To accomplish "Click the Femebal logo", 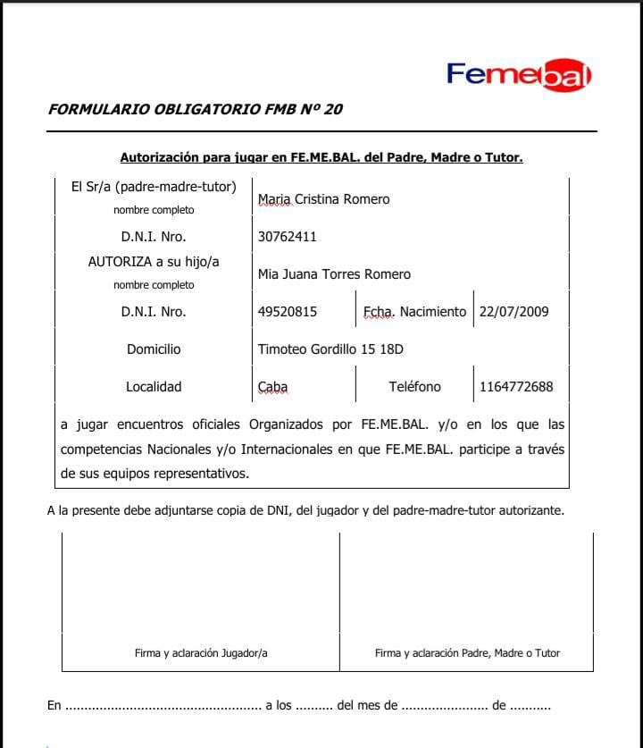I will pos(519,74).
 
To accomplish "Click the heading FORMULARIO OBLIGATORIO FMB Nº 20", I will pos(195,110).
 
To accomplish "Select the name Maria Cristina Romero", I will pos(323,199).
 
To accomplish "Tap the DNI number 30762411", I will pos(287,237).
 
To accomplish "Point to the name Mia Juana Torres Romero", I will pos(334,274).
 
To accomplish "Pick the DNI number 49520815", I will pos(287,312).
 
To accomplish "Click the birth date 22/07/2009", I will pos(514,312).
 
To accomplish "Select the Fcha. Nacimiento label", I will pos(414,312).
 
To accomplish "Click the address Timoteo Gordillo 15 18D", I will pos(330,349).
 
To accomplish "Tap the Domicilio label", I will pos(154,349).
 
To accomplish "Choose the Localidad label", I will pos(154,387).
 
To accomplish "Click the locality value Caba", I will pos(272,387).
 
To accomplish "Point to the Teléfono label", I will pos(414,387).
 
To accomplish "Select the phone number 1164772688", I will pos(516,387).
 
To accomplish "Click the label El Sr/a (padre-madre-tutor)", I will pos(154,188).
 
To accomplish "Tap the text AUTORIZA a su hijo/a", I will pos(154,262).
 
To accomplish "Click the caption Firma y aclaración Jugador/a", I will pos(201,653).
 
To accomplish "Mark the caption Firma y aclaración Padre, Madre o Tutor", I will pos(467,653).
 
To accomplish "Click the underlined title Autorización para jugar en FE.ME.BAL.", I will pos(321,158).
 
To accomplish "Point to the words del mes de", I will pos(367,705).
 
